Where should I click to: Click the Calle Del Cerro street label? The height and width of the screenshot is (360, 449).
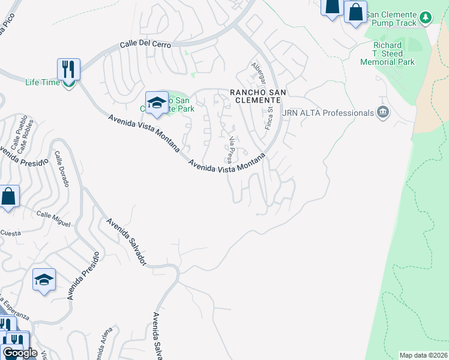pos(145,45)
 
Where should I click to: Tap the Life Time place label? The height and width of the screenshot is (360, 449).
pos(43,83)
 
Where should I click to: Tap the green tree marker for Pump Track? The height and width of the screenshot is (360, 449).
pos(426,17)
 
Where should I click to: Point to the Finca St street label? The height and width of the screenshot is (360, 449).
pos(270,119)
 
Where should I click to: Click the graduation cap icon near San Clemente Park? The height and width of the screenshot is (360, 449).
pos(157,103)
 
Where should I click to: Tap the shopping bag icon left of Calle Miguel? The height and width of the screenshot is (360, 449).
pos(8,197)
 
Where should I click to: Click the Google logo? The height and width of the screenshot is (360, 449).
pos(20,353)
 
